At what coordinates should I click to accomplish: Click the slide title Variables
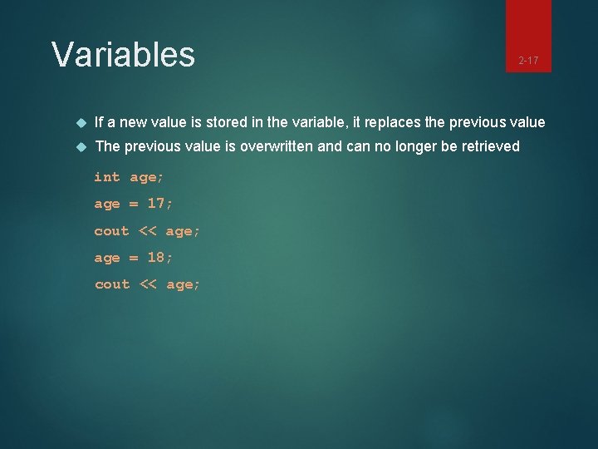123,55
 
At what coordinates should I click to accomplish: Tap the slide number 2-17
528,61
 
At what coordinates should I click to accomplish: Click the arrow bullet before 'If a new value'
81,123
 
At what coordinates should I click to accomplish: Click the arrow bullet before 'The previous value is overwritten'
81,147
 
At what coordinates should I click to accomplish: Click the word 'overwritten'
277,147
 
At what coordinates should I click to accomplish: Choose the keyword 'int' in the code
107,176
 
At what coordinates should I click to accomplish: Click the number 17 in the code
156,204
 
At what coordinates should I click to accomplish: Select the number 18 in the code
156,258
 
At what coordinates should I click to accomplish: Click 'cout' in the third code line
111,231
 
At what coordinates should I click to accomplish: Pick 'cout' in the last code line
111,284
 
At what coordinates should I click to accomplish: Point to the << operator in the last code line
147,284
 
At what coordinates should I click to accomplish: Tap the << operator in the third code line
147,231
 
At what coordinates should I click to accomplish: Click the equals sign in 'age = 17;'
134,204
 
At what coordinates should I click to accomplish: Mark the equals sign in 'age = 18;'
134,258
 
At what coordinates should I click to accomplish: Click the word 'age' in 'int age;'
145,177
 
